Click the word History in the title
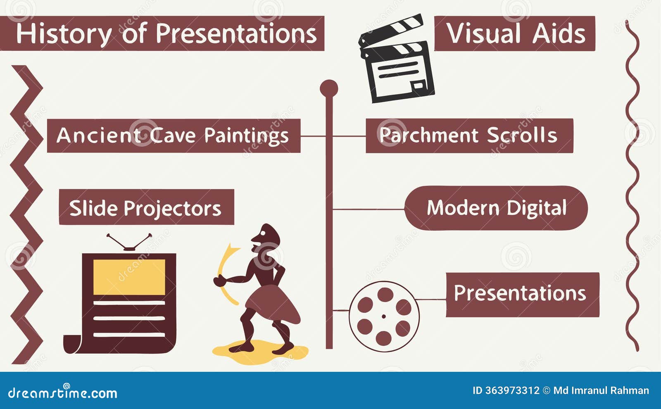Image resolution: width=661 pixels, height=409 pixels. pyautogui.click(x=63, y=33)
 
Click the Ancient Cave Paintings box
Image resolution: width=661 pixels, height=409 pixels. pyautogui.click(x=174, y=136)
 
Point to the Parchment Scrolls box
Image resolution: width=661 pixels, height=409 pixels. pyautogui.click(x=469, y=136)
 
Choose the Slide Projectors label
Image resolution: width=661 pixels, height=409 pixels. pyautogui.click(x=146, y=207)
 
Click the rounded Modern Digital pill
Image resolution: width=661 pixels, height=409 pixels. pyautogui.click(x=496, y=208)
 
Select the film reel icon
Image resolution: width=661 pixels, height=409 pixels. pyautogui.click(x=384, y=316)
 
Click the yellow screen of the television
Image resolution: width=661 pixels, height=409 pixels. pyautogui.click(x=129, y=277)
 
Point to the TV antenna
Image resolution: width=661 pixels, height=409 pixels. pyautogui.click(x=129, y=242)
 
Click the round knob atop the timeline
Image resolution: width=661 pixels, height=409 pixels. pyautogui.click(x=329, y=88)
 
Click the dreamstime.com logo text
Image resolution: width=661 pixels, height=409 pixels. pyautogui.click(x=63, y=393)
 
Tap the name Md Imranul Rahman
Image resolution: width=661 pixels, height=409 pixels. pyautogui.click(x=601, y=390)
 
